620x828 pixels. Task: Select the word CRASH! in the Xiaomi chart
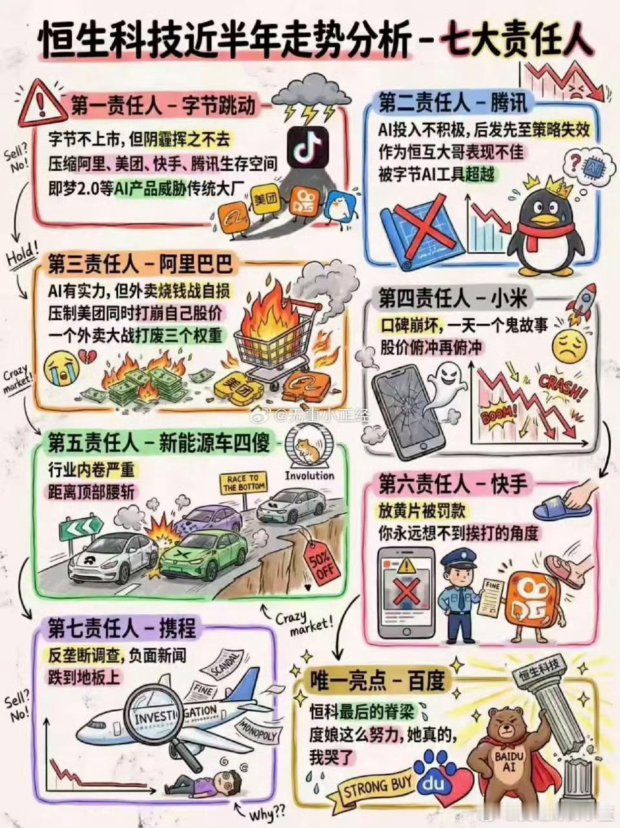563,388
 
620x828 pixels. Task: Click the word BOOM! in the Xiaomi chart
499,413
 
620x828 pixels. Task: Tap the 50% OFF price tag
321,559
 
